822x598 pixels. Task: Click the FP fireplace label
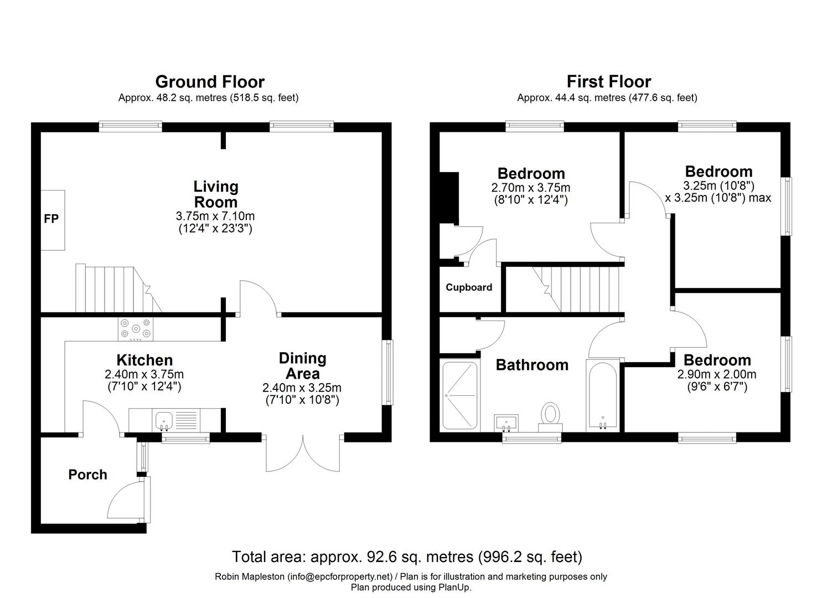pos(51,219)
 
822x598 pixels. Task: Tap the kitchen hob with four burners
pos(135,328)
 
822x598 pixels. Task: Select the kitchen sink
pos(164,420)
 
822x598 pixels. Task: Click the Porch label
pos(87,475)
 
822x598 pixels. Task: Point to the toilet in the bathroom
pos(551,415)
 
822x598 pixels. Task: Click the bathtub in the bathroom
pos(602,395)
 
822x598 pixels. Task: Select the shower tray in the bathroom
pos(460,395)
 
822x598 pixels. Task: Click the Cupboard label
pos(469,287)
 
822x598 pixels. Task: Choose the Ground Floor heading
pos(210,82)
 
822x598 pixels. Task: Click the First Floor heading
pos(608,82)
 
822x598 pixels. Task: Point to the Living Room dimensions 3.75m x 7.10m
pos(215,216)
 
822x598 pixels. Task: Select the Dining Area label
pos(302,365)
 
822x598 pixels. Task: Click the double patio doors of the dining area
pos(303,453)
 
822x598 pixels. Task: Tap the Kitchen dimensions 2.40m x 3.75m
pos(144,374)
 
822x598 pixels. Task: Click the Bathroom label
pos(531,365)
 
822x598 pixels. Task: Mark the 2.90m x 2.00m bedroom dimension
pos(716,374)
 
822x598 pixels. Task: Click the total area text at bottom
pos(407,556)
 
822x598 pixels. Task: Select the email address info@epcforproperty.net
pos(339,577)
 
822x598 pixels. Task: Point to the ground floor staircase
pos(117,289)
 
